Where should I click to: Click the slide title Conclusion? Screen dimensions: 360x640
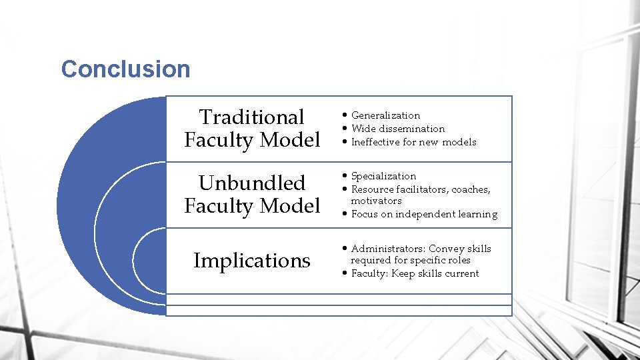(125, 69)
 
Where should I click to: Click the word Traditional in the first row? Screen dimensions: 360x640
(251, 117)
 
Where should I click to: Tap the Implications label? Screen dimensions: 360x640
(251, 261)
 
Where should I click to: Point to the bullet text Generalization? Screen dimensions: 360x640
(385, 115)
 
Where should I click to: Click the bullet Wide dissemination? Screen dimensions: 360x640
(397, 129)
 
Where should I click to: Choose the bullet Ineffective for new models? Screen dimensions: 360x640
(413, 142)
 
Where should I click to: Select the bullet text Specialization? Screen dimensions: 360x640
(383, 176)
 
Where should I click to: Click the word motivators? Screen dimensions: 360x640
(376, 201)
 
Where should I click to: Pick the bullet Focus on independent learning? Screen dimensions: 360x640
(424, 214)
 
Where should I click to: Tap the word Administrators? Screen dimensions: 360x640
(387, 249)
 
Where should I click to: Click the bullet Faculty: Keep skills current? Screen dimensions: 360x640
(415, 273)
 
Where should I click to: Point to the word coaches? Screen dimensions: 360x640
(471, 189)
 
